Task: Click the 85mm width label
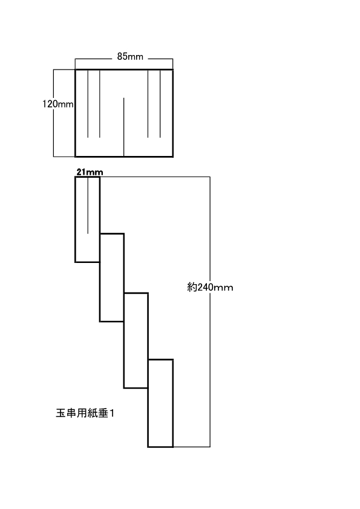click(130, 57)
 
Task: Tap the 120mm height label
click(58, 104)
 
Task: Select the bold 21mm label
click(90, 172)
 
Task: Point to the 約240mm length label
click(210, 287)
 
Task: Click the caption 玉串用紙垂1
click(85, 413)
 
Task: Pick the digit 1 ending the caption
click(112, 413)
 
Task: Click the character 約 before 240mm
click(192, 287)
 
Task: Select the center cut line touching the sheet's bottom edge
click(124, 127)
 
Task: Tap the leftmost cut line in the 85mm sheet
click(88, 104)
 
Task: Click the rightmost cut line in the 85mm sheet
click(160, 104)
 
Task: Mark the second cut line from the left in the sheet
click(100, 104)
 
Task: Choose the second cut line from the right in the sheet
click(148, 104)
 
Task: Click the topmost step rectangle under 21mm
click(76, 219)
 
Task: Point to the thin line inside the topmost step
click(88, 205)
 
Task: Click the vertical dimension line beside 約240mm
click(210, 312)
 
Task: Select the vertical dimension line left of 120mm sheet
click(54, 113)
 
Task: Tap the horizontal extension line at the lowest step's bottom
click(191, 447)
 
